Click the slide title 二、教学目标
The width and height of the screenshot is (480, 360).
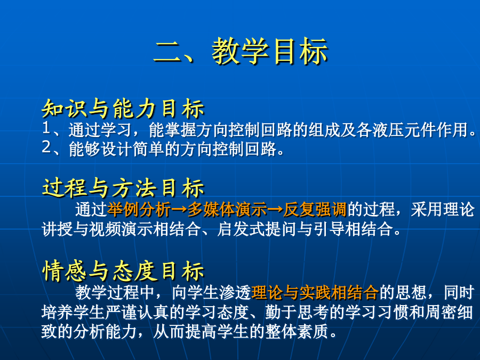[241, 51]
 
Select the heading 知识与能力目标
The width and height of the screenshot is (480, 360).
[123, 109]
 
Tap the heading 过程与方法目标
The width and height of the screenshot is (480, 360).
[123, 187]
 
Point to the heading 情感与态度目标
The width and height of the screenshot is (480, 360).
[123, 270]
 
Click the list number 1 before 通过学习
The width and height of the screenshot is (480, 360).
[46, 128]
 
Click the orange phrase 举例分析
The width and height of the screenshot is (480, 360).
[139, 210]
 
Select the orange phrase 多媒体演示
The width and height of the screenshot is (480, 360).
[227, 210]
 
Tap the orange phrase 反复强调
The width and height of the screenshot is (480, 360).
[315, 210]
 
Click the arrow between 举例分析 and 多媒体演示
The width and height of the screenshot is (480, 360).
[179, 210]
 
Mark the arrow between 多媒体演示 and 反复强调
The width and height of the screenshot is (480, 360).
[275, 210]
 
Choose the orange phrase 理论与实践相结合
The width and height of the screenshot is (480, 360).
[315, 293]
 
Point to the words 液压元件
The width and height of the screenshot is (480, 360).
[404, 130]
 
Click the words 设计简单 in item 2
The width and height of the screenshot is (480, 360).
[133, 149]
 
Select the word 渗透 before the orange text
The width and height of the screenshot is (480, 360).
[235, 293]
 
